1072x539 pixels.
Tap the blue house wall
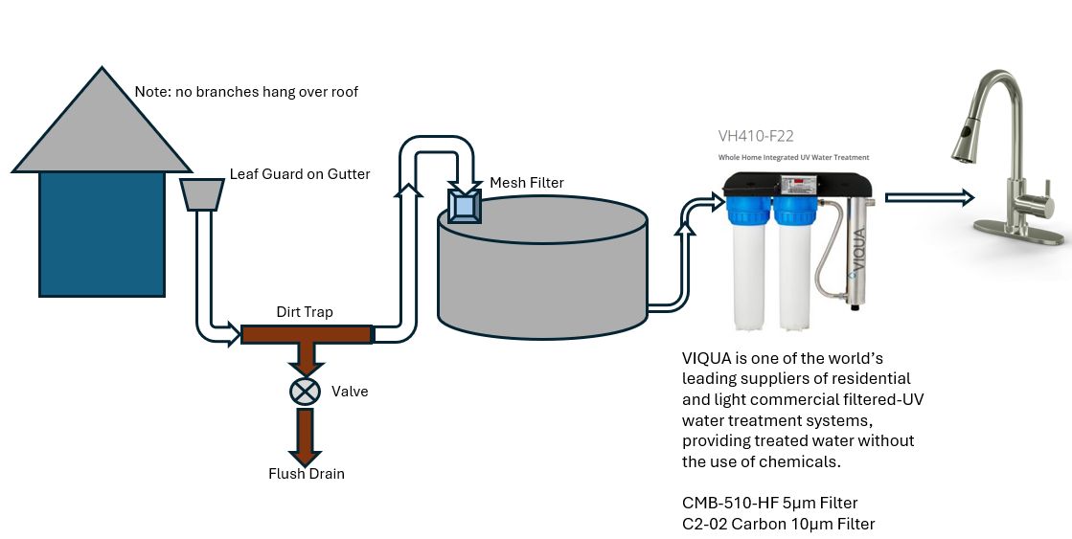(102, 234)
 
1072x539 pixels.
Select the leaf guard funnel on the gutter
(202, 194)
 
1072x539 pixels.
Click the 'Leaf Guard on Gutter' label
(299, 174)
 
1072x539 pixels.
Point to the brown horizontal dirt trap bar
(306, 334)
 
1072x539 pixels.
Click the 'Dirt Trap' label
(305, 313)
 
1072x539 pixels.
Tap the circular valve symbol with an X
(306, 391)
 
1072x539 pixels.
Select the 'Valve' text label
(350, 392)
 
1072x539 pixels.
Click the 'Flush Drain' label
(306, 474)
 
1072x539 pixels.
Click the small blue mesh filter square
(466, 206)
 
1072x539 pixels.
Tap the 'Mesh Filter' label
(527, 183)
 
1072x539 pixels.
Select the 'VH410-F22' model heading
(755, 136)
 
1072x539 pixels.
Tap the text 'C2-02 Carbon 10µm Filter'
(778, 524)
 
